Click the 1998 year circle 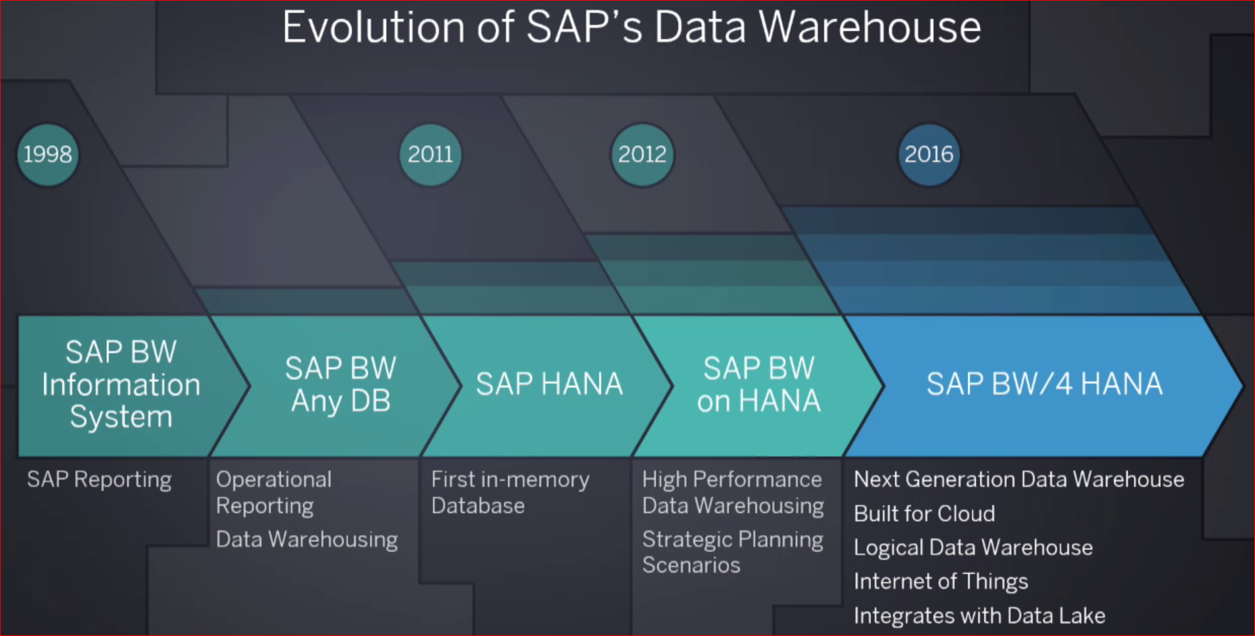click(x=47, y=155)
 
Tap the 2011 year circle click(x=430, y=155)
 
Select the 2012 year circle click(x=642, y=155)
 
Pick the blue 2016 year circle click(x=929, y=155)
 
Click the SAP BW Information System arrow click(x=121, y=385)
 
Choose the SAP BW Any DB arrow click(x=340, y=385)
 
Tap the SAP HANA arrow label click(x=549, y=384)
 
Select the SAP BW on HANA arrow click(x=759, y=385)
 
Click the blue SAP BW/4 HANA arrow click(x=1044, y=384)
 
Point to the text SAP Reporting click(x=99, y=479)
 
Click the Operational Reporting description click(x=274, y=492)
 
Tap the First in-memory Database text click(x=510, y=492)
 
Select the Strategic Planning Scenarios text click(x=732, y=552)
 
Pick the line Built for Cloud click(x=924, y=514)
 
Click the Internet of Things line click(x=940, y=581)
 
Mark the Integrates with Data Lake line click(x=979, y=616)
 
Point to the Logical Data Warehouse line click(x=973, y=548)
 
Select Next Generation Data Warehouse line click(x=1019, y=479)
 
